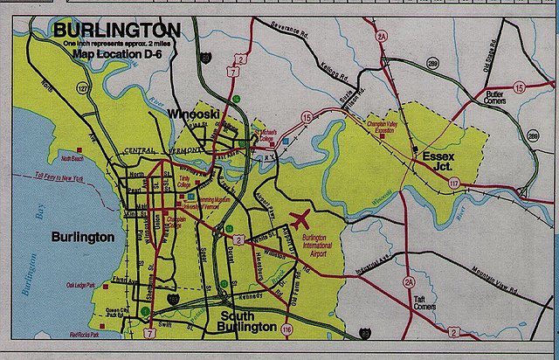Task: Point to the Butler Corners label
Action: tap(494, 97)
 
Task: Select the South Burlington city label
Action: tap(248, 322)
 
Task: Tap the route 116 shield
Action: tap(287, 328)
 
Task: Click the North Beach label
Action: tap(72, 159)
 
